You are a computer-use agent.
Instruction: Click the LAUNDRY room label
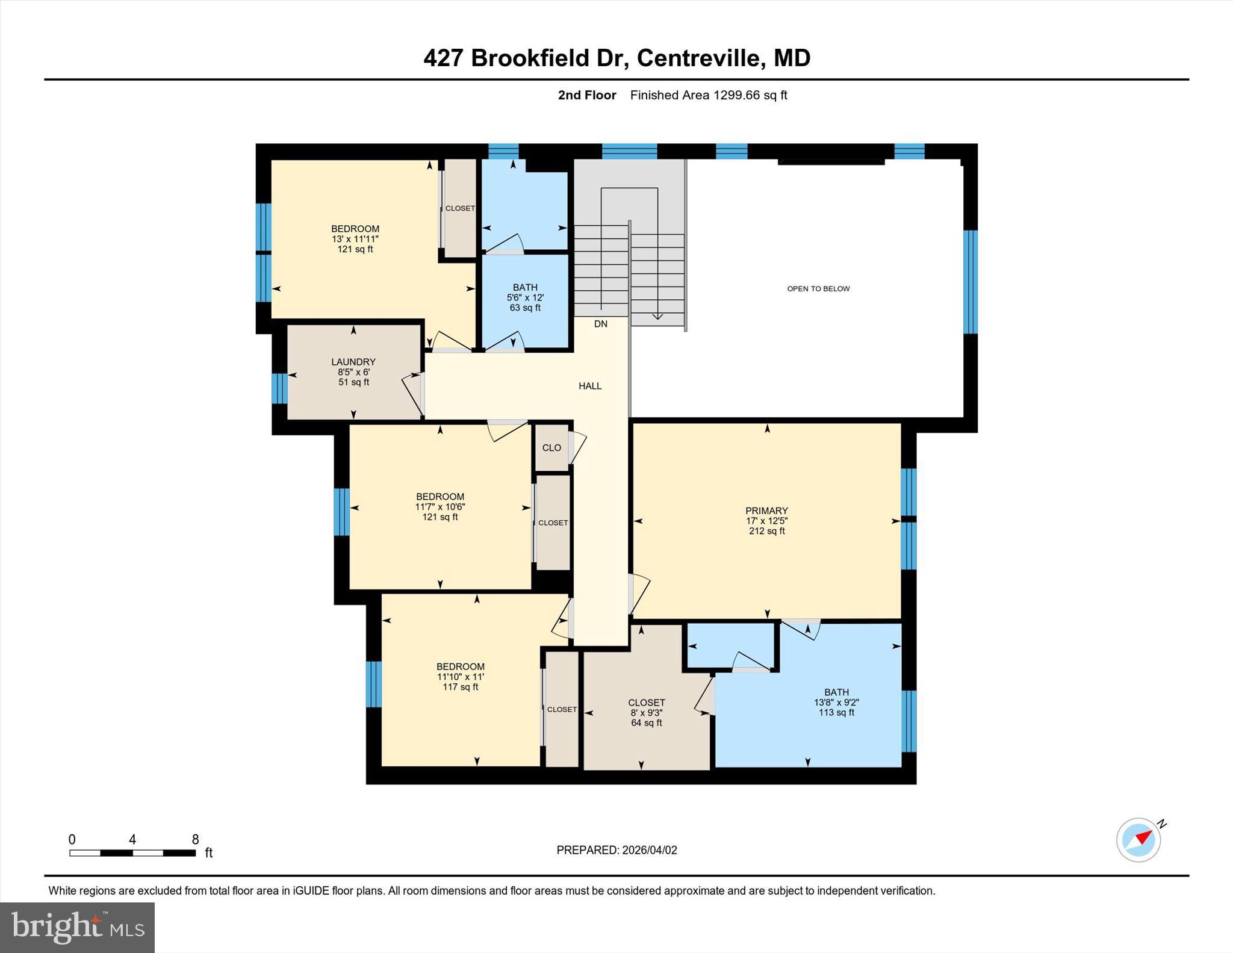coord(353,362)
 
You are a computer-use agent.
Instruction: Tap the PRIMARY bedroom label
coord(766,511)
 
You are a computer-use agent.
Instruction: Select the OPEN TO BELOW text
coord(818,289)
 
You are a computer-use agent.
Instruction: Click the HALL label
coord(590,386)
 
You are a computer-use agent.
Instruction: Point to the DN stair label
coord(600,324)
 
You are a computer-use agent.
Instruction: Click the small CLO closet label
coord(551,448)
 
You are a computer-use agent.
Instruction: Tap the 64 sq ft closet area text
coord(646,723)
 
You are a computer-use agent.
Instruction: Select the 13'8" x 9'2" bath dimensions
coord(836,703)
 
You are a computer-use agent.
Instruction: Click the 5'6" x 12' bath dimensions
coord(525,297)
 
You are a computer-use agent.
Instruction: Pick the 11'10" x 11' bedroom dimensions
coord(461,677)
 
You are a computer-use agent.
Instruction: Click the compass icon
coord(1138,840)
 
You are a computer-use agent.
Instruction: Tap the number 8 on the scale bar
coord(195,839)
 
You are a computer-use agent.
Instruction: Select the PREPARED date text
coord(616,850)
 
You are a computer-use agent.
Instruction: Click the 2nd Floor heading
coord(587,95)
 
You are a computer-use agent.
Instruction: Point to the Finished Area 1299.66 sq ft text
coord(709,95)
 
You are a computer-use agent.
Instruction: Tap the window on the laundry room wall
coord(279,388)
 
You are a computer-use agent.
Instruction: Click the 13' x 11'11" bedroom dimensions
coord(355,239)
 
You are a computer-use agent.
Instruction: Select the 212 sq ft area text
coord(766,531)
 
